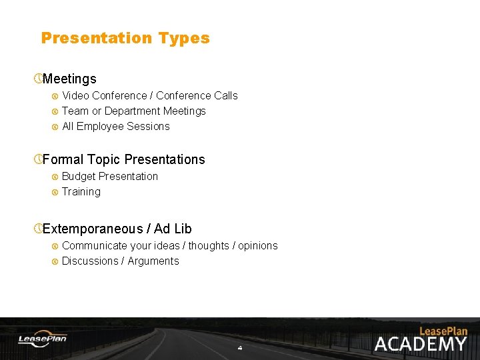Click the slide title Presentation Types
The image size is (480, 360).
point(125,38)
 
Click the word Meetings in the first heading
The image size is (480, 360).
point(69,79)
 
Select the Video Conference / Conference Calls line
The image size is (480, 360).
point(149,95)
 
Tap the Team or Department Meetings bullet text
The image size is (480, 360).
point(133,111)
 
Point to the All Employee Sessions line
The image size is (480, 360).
point(115,126)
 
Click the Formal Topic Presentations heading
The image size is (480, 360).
point(123,159)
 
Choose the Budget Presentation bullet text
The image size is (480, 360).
point(110,176)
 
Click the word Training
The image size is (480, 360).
point(81,191)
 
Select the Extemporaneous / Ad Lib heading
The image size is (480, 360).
point(117,229)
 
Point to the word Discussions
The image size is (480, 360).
point(89,261)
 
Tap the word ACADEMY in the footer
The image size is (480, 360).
point(421,344)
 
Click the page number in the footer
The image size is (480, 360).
point(240,348)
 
